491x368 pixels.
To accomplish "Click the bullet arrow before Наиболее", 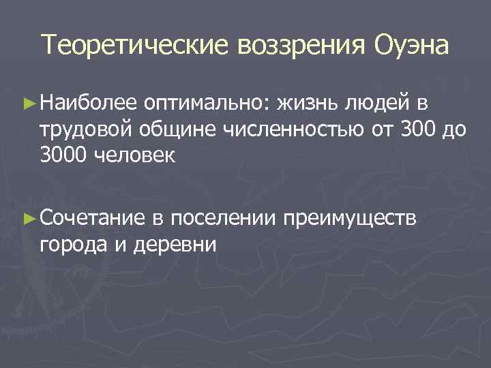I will click(x=29, y=103).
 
